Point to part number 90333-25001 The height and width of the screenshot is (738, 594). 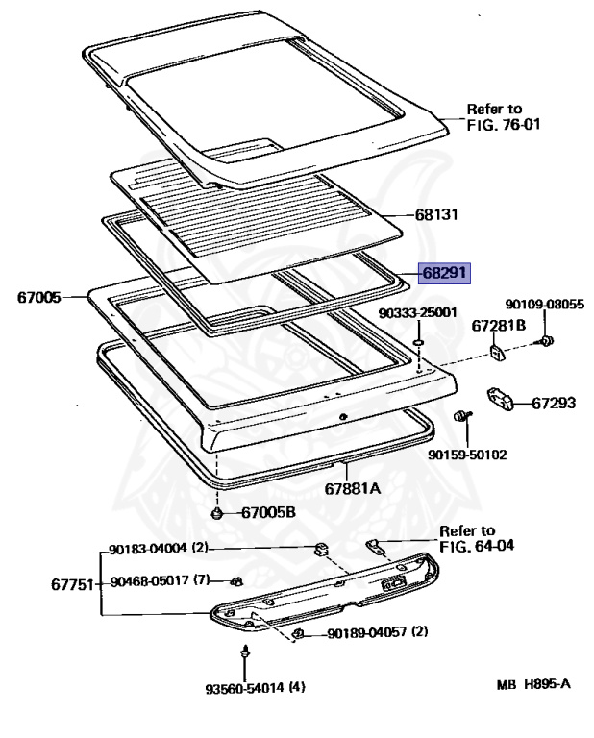pyautogui.click(x=418, y=312)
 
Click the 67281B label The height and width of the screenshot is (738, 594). pyautogui.click(x=498, y=326)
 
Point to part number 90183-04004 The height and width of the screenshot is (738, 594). pyautogui.click(x=149, y=550)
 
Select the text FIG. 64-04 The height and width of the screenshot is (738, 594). pyautogui.click(x=478, y=545)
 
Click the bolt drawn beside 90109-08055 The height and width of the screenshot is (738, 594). pyautogui.click(x=547, y=341)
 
